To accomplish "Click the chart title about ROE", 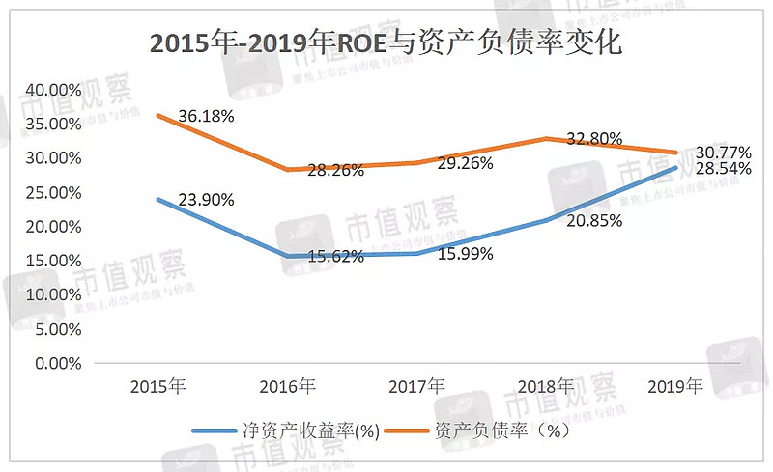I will coord(386,44).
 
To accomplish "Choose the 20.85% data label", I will coord(592,220).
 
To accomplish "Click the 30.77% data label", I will coord(722,153).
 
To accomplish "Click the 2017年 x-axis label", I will coord(416,387).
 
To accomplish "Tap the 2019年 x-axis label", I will coord(674,387).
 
